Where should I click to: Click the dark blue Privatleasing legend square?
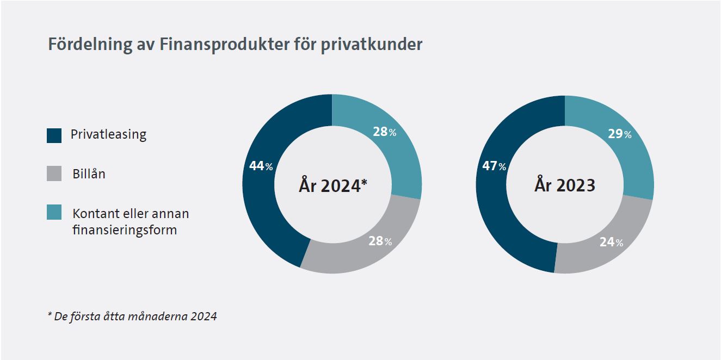click(54, 135)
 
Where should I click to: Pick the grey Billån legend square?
click(54, 175)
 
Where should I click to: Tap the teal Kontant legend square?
click(54, 213)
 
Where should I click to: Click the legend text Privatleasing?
click(108, 135)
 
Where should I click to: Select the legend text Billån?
click(89, 175)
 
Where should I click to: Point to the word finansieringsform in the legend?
click(125, 229)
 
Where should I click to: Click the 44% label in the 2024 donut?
click(261, 166)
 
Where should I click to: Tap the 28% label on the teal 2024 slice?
click(385, 132)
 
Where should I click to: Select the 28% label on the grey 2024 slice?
click(380, 241)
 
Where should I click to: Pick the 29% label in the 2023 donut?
click(619, 134)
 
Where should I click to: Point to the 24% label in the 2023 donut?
click(611, 243)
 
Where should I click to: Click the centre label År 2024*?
click(332, 185)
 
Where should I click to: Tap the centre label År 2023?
click(564, 185)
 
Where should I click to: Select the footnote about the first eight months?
click(132, 316)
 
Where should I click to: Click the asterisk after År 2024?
click(364, 182)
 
